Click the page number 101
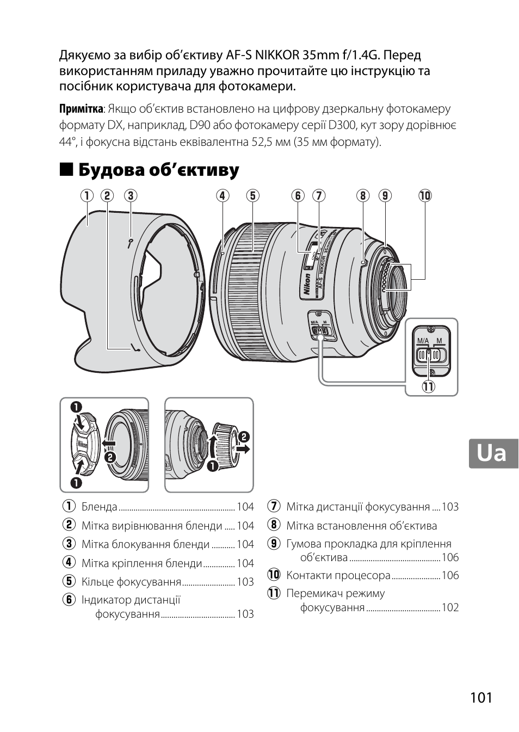[x=481, y=697]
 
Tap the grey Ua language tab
[x=493, y=453]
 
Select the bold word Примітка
[x=81, y=109]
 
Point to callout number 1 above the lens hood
[x=86, y=195]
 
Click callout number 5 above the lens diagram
[x=252, y=195]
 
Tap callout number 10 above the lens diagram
[x=424, y=195]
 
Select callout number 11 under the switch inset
[x=429, y=387]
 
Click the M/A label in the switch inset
[x=423, y=341]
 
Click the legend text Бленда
[x=99, y=507]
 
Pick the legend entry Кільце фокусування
[x=131, y=582]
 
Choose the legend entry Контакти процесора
[x=338, y=575]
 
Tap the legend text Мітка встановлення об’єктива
[x=361, y=526]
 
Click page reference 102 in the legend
[x=450, y=607]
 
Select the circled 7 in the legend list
[x=273, y=507]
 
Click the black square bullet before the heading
[x=66, y=170]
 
